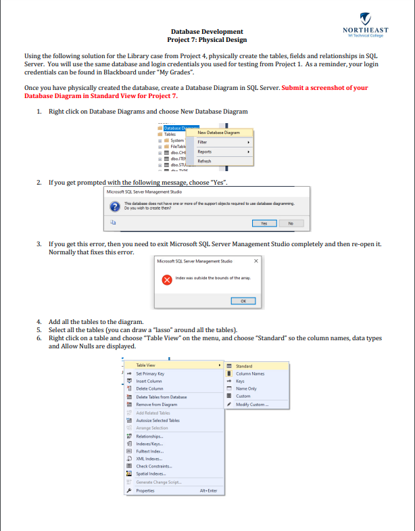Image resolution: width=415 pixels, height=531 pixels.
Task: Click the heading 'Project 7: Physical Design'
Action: click(207, 40)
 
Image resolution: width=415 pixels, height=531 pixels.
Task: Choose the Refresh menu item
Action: click(205, 161)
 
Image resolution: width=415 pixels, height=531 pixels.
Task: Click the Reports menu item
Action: click(205, 152)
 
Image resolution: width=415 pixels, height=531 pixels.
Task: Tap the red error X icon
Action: click(166, 279)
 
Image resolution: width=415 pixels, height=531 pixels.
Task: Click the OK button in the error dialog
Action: click(243, 300)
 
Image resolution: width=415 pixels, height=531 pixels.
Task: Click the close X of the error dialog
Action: click(255, 260)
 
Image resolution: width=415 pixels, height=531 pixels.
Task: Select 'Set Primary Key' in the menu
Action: click(150, 373)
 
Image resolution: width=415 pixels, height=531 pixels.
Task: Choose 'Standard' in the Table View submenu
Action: click(244, 366)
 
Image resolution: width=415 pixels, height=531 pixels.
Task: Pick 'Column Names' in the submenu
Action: click(249, 373)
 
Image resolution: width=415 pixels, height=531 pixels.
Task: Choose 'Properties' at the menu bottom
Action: click(145, 490)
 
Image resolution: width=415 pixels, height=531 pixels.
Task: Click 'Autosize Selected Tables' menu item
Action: click(157, 420)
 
